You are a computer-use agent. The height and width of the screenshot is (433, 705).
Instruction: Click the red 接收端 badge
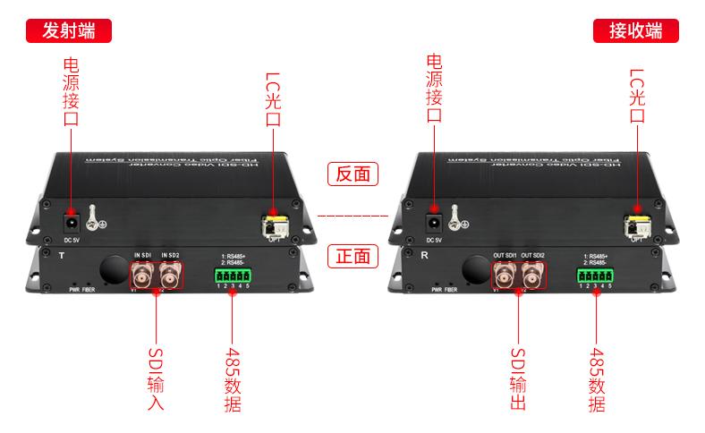[x=635, y=30]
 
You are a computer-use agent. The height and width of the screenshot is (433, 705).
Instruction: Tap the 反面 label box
[x=352, y=174]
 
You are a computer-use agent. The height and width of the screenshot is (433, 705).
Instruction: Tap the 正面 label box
[x=352, y=256]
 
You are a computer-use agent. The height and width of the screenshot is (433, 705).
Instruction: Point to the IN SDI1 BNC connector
[x=144, y=279]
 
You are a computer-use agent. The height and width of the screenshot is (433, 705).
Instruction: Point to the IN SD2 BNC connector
[x=169, y=279]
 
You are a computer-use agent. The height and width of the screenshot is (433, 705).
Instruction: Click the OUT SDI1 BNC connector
[x=505, y=279]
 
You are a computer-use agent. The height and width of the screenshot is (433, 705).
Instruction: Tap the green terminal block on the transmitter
[x=232, y=276]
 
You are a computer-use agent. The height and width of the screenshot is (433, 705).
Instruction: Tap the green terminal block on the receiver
[x=595, y=276]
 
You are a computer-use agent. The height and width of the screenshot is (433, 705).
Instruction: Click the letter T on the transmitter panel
[x=61, y=256]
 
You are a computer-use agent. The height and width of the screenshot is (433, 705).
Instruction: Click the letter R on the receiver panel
[x=424, y=256]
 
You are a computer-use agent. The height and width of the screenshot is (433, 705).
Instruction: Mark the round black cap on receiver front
[x=474, y=267]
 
